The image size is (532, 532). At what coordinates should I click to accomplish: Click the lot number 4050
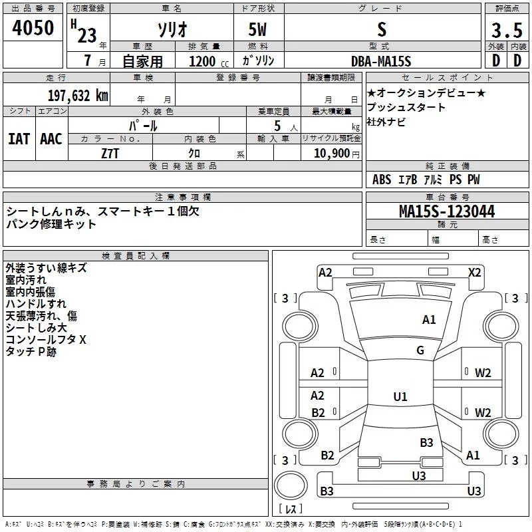pyautogui.click(x=33, y=28)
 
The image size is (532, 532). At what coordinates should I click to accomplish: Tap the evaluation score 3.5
pyautogui.click(x=507, y=31)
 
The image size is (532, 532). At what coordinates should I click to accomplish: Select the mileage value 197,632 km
pyautogui.click(x=78, y=96)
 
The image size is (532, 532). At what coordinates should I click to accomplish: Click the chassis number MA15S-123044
pyautogui.click(x=447, y=211)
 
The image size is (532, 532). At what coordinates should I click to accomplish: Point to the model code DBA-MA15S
pyautogui.click(x=381, y=61)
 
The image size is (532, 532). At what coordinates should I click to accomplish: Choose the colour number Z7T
pyautogui.click(x=110, y=154)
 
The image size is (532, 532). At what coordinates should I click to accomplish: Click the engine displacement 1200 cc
pyautogui.click(x=209, y=61)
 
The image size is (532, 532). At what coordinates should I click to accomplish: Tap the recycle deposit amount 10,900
pyautogui.click(x=332, y=154)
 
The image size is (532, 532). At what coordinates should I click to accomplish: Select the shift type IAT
pyautogui.click(x=19, y=139)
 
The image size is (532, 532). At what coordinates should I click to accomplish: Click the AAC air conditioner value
pyautogui.click(x=51, y=139)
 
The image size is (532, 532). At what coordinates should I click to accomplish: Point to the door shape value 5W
pyautogui.click(x=257, y=30)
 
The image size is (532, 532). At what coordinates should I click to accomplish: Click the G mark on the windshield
pyautogui.click(x=420, y=350)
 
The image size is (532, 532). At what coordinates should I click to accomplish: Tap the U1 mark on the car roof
pyautogui.click(x=400, y=396)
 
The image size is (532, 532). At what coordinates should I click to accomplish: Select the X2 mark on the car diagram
pyautogui.click(x=474, y=273)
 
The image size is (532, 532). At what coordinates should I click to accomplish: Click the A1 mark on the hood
pyautogui.click(x=429, y=320)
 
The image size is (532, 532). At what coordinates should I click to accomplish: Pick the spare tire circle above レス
pyautogui.click(x=291, y=485)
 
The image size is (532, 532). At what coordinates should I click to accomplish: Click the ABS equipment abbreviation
pyautogui.click(x=382, y=180)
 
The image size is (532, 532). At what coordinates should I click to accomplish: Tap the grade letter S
pyautogui.click(x=382, y=30)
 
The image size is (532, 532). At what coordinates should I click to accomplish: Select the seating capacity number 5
pyautogui.click(x=277, y=126)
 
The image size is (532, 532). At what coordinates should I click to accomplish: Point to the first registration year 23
pyautogui.click(x=87, y=35)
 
